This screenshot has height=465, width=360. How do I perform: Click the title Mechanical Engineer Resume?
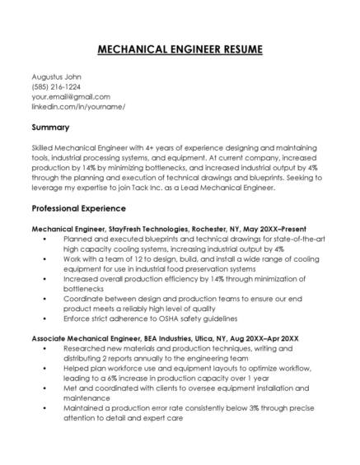180,49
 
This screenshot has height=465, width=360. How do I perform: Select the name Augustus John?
58,77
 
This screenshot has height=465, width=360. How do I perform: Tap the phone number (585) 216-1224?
56,86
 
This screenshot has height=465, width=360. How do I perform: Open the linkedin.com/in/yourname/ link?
77,106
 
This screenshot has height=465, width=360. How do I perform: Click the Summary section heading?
50,128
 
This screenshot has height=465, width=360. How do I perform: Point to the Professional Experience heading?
81,208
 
